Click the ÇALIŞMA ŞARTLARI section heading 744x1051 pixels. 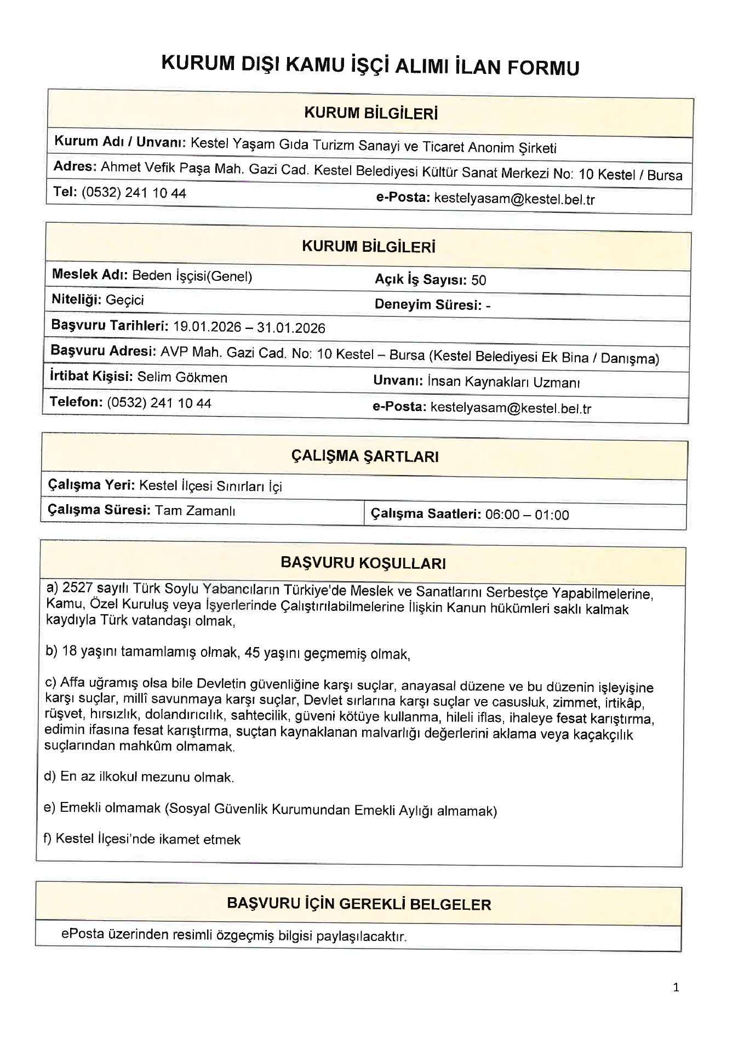[364, 456]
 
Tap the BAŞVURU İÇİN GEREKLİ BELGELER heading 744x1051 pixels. [359, 904]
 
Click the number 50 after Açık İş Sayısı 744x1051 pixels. [478, 280]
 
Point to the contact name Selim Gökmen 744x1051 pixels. [182, 377]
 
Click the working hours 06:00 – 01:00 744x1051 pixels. [527, 515]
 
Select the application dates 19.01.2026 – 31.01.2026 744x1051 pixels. [249, 327]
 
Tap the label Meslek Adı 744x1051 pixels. [89, 274]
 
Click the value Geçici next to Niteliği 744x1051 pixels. [125, 300]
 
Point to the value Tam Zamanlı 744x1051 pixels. [195, 511]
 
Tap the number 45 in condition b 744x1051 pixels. [252, 653]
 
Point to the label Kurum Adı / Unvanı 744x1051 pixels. [120, 142]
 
